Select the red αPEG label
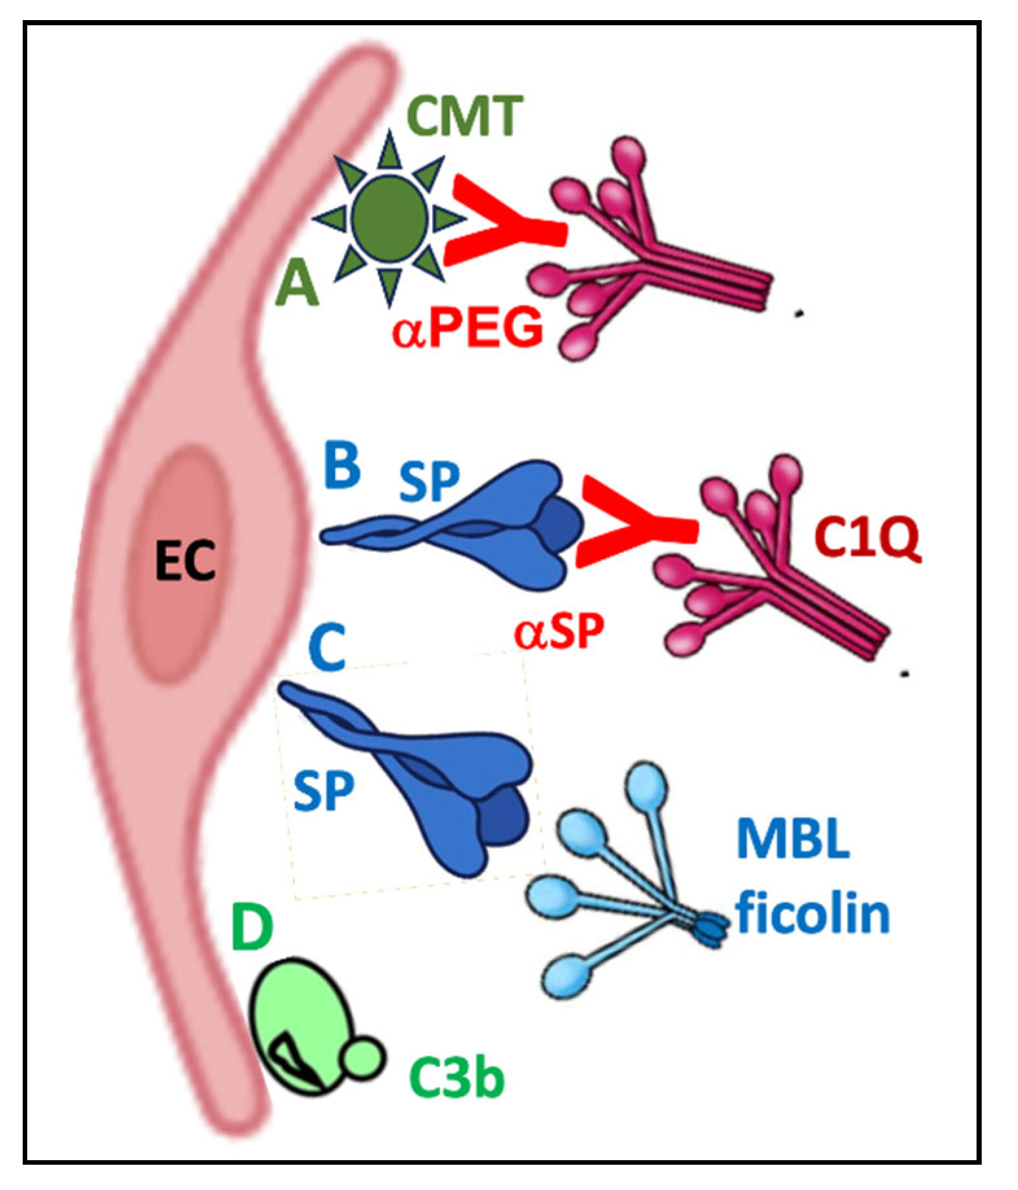point(468,329)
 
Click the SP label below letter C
point(323,790)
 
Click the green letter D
point(252,927)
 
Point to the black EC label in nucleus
point(185,561)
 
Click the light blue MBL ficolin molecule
point(622,894)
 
